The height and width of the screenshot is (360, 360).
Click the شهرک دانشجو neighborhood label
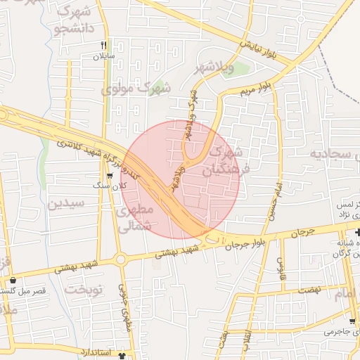tap(72, 22)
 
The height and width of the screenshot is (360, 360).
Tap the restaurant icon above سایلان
tap(103, 44)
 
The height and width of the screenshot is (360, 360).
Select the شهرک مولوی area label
tap(136, 89)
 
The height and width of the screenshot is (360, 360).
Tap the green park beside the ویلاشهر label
tap(238, 70)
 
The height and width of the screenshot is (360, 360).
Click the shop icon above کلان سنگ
tap(109, 175)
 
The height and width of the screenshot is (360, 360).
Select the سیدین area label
tap(66, 204)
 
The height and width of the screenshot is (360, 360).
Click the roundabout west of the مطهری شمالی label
tap(121, 259)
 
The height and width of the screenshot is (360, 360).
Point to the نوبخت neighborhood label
tap(84, 289)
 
